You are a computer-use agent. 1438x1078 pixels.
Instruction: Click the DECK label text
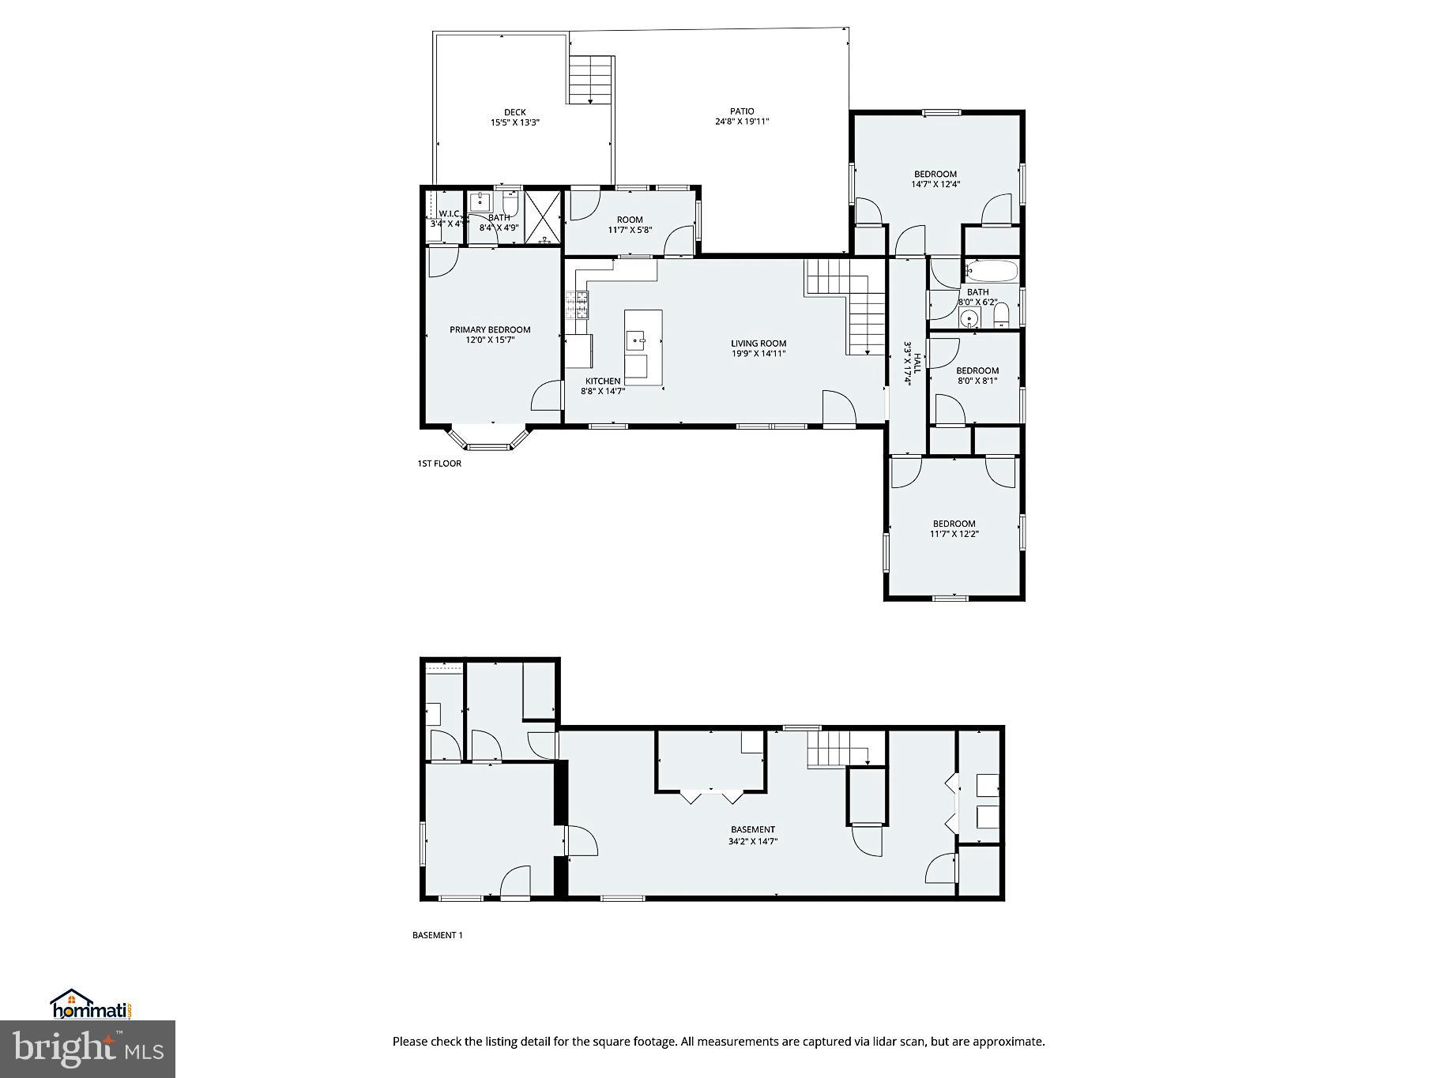pos(514,112)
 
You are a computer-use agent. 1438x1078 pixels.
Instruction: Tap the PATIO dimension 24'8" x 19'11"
pos(741,122)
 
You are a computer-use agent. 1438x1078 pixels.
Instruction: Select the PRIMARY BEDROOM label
pos(490,330)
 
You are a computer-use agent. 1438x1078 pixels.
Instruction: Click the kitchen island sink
pos(637,341)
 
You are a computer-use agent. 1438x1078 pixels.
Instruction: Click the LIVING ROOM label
pos(758,344)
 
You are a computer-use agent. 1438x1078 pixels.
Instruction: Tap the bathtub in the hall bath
pos(992,272)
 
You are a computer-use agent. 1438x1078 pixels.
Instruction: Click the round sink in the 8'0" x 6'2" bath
pos(969,319)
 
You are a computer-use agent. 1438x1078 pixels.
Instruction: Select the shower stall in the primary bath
pos(542,216)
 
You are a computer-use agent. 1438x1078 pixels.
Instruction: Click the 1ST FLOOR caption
pos(439,464)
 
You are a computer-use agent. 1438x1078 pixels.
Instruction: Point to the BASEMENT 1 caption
pos(437,935)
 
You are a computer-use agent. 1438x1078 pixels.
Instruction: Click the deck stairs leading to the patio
pos(590,79)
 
